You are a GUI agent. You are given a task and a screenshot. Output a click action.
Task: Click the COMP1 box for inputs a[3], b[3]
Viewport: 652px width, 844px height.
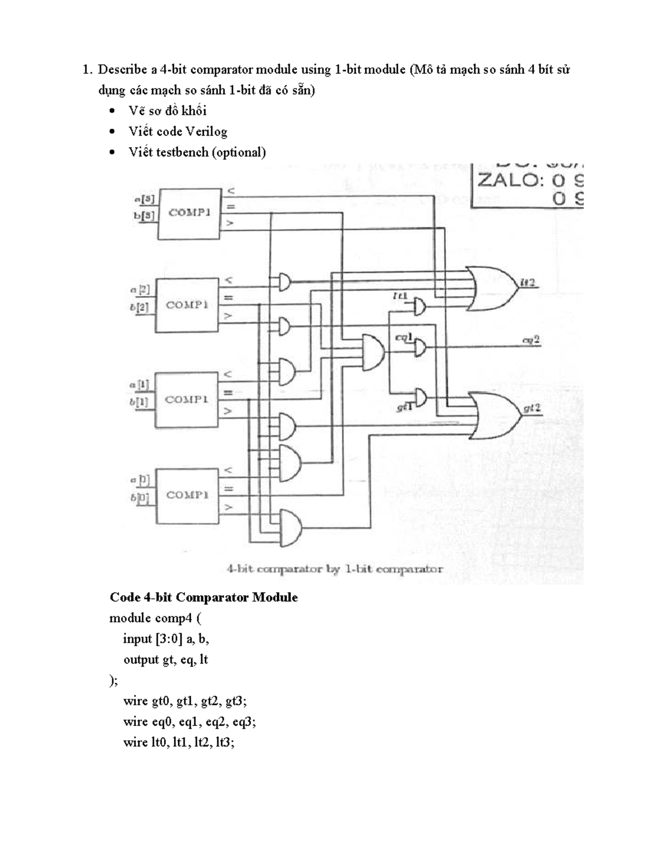[189, 213]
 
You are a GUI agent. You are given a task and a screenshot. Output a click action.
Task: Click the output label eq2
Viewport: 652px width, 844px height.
[530, 340]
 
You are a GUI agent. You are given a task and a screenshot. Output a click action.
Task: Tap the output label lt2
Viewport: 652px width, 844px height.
[528, 282]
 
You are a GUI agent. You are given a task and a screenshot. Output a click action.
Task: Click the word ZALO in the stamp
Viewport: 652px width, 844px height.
[509, 180]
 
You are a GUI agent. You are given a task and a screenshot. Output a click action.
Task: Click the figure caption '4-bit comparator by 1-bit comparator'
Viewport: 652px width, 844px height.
[334, 570]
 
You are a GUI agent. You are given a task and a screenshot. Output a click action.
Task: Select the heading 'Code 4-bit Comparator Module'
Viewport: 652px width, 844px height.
[204, 597]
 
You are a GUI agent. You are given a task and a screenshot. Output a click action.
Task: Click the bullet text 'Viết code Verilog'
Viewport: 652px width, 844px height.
[178, 132]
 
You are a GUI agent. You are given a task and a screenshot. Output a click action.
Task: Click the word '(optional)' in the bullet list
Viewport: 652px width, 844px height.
[239, 152]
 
